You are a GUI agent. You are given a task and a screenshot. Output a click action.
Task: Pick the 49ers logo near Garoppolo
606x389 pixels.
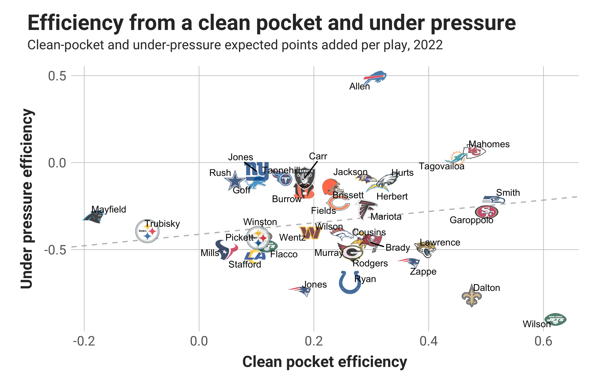click(486, 212)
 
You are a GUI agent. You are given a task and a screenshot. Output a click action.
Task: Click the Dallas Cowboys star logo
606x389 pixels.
click(235, 181)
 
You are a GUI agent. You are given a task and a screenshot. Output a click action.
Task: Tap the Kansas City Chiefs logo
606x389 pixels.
click(474, 152)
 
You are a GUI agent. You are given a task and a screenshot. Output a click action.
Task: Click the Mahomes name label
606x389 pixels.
click(489, 144)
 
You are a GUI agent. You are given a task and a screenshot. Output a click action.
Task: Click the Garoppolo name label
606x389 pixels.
click(471, 220)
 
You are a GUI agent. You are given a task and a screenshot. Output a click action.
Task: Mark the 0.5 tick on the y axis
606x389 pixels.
click(57, 76)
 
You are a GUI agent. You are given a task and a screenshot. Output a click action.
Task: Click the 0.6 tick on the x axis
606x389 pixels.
click(543, 341)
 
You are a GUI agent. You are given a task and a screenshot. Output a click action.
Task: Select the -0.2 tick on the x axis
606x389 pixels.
click(84, 341)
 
